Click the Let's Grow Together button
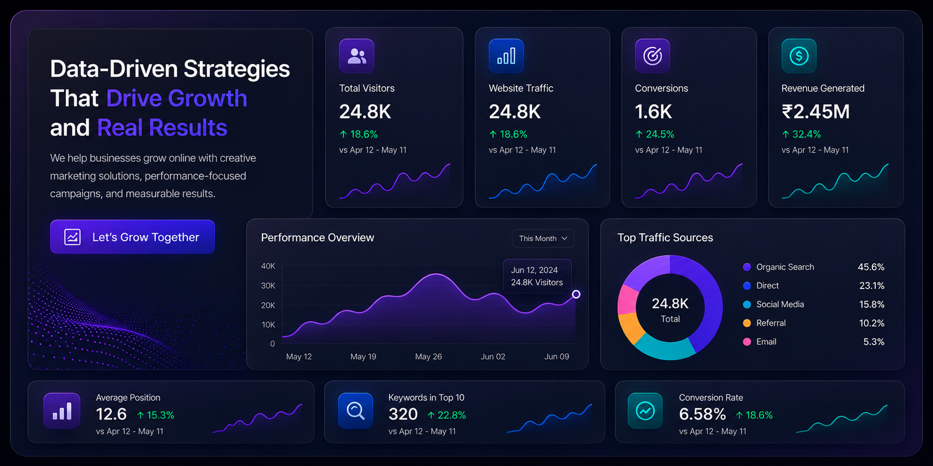coord(132,236)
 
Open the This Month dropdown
coord(543,238)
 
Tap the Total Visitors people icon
coord(356,56)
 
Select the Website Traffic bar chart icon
coord(506,56)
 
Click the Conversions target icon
coord(653,56)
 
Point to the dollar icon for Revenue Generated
coord(799,56)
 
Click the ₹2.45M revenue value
coord(816,111)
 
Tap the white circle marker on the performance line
coord(576,294)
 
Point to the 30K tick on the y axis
coord(268,285)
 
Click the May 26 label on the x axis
coord(428,356)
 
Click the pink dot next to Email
coord(747,341)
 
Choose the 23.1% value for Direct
coord(872,285)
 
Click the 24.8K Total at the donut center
coord(670,310)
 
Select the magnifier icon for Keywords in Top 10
coord(355,411)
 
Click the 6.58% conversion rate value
coord(702,414)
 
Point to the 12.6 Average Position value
coord(111,414)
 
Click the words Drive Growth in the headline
coord(177,98)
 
